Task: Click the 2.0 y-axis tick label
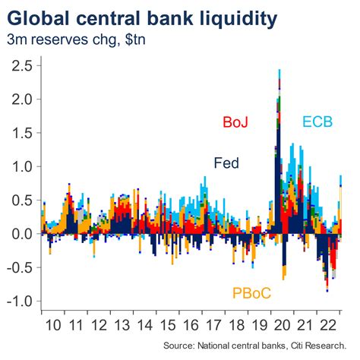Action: tap(20, 99)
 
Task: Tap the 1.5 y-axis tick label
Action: tap(20, 133)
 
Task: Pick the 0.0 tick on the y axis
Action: tap(20, 234)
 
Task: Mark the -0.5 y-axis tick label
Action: tap(17, 267)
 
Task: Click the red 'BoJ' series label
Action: tap(237, 122)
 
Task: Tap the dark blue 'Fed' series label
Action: tap(226, 162)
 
